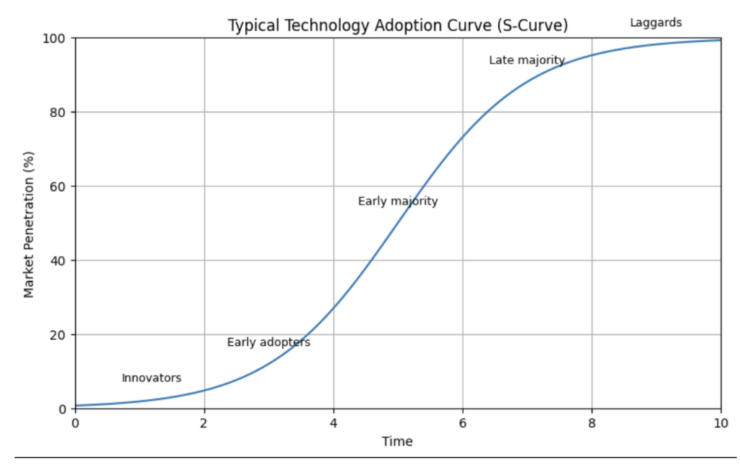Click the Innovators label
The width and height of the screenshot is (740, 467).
tap(151, 378)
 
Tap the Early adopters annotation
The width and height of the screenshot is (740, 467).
tap(268, 343)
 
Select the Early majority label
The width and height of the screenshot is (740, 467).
tap(397, 202)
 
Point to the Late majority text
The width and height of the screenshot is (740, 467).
tap(526, 60)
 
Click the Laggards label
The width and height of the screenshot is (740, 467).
tap(655, 22)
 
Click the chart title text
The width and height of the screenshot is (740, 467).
tap(398, 26)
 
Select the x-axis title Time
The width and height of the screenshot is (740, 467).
tap(397, 441)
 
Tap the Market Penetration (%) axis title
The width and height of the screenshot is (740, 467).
tap(29, 223)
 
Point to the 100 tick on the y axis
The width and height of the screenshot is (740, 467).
tap(57, 38)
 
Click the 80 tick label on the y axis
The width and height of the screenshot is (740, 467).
tap(60, 112)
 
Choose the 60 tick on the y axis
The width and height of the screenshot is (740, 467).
tap(60, 187)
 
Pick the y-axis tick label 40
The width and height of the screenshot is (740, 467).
tap(60, 261)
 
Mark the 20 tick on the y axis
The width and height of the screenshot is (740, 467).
tap(60, 335)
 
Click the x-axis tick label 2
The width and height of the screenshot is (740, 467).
tap(205, 423)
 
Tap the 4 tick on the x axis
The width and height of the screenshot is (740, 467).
tap(333, 423)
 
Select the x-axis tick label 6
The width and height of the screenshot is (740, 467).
tap(462, 423)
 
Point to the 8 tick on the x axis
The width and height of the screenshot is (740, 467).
tap(592, 423)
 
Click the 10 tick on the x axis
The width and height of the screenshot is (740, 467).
tap(720, 423)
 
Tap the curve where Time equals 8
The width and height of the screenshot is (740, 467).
tap(592, 55)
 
